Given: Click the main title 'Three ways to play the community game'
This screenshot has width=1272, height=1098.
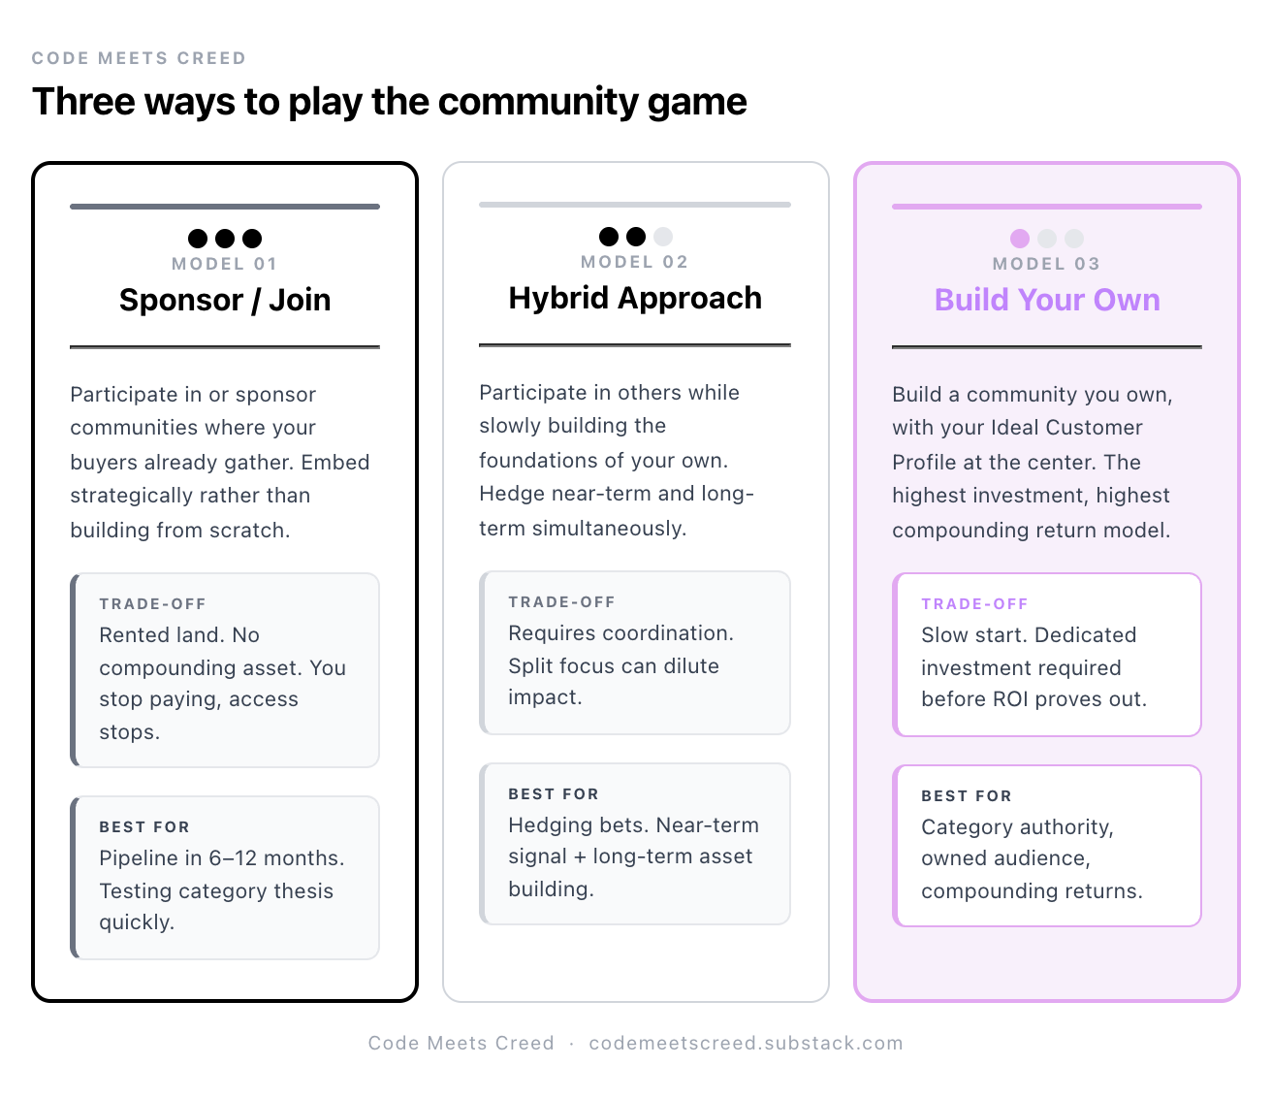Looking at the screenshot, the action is point(389,102).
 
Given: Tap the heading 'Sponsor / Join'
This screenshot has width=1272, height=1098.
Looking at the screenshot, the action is point(225,300).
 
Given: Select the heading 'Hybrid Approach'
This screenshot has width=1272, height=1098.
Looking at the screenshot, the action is point(635,298).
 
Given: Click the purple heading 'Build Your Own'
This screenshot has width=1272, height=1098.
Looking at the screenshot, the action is point(1047,300).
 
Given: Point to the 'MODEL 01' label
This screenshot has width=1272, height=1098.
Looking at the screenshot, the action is point(225,264).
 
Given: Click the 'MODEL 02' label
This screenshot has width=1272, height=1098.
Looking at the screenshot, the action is point(635,262).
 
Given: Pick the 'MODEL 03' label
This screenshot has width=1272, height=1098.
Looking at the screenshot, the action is point(1047,264).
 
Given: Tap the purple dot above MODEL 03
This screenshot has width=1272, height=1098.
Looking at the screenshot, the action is point(1020,239).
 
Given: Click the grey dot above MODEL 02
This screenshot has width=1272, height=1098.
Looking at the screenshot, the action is point(663,237).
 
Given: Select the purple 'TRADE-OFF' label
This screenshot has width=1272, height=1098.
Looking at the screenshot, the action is point(974,603).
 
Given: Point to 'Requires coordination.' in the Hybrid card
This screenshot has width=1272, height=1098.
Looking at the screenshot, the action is point(620,633).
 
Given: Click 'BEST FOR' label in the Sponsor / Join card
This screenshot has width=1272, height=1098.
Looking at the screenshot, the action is point(144,827).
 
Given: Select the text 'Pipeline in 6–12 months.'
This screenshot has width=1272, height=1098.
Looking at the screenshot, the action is point(221,858).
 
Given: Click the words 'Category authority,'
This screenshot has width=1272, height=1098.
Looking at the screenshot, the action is point(1017,827).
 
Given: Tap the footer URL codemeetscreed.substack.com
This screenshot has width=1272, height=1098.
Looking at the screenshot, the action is point(746,1043).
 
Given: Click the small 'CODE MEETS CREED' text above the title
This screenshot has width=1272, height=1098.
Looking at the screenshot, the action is point(139,58).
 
